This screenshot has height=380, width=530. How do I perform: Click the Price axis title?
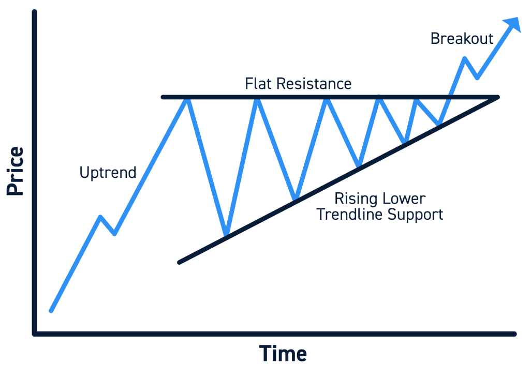click(16, 171)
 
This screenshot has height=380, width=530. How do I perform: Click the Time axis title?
click(283, 354)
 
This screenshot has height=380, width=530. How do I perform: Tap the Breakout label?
click(462, 38)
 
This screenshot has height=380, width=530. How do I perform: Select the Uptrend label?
click(108, 172)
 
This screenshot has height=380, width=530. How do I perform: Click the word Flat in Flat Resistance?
click(258, 83)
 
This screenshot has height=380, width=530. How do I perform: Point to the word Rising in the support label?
click(358, 199)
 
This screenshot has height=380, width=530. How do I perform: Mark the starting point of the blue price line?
click(51, 311)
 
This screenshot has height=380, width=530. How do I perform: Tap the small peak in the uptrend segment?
click(100, 217)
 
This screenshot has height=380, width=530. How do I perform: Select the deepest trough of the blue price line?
click(226, 235)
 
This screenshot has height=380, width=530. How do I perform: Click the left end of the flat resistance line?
click(163, 97)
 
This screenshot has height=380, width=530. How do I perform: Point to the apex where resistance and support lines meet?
click(497, 97)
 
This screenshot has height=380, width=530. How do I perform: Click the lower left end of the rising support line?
click(180, 262)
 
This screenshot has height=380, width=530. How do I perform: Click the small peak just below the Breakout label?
click(464, 58)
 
